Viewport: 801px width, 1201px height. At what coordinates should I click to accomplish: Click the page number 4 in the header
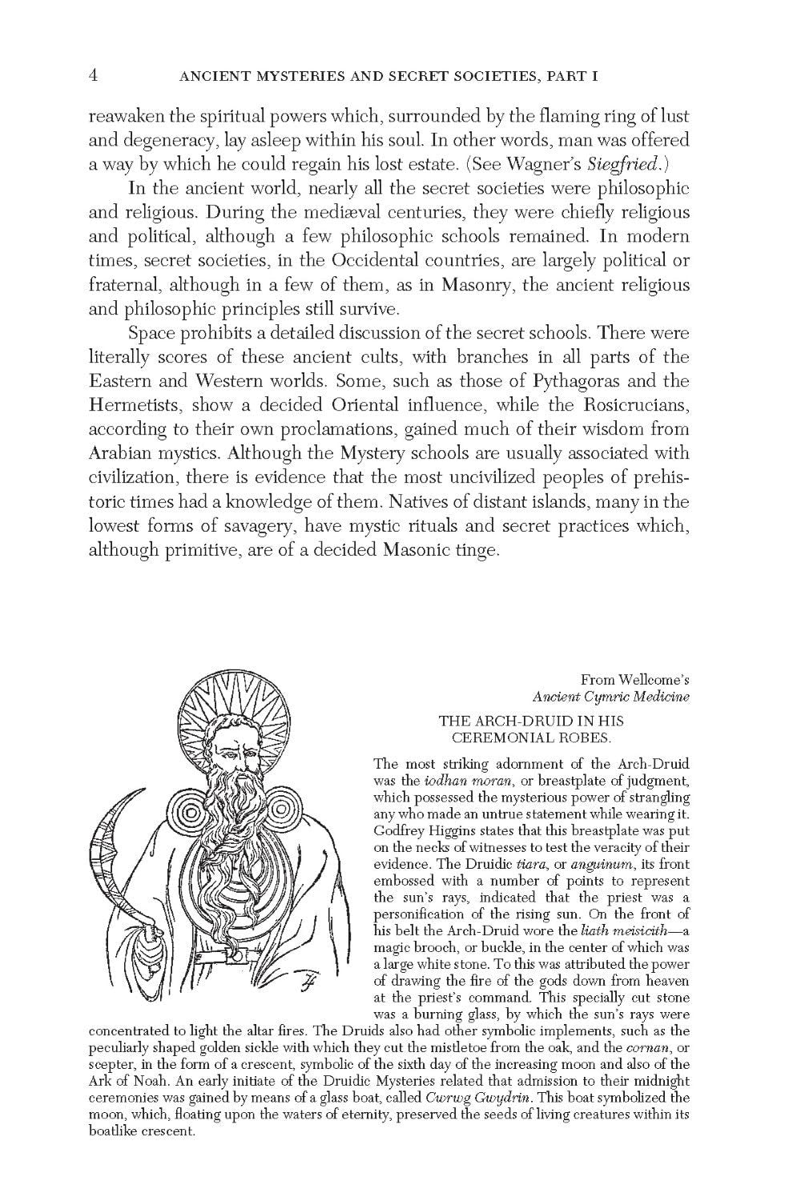pyautogui.click(x=94, y=76)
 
